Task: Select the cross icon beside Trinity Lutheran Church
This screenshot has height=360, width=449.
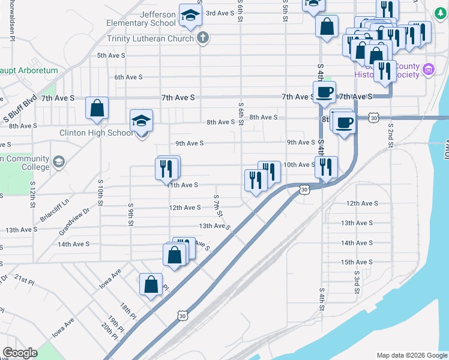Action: (x=203, y=38)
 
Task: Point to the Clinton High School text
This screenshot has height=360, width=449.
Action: (x=96, y=133)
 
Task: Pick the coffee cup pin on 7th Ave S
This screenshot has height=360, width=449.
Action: (x=324, y=92)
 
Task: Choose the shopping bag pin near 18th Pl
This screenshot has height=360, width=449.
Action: (x=151, y=284)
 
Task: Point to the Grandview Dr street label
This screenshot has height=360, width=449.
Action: (x=74, y=220)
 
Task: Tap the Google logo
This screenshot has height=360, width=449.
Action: (x=20, y=352)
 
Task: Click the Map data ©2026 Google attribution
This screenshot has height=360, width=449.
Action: (x=411, y=355)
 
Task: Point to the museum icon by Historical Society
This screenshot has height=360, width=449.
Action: (x=429, y=70)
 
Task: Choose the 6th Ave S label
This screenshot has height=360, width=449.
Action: (x=128, y=77)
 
